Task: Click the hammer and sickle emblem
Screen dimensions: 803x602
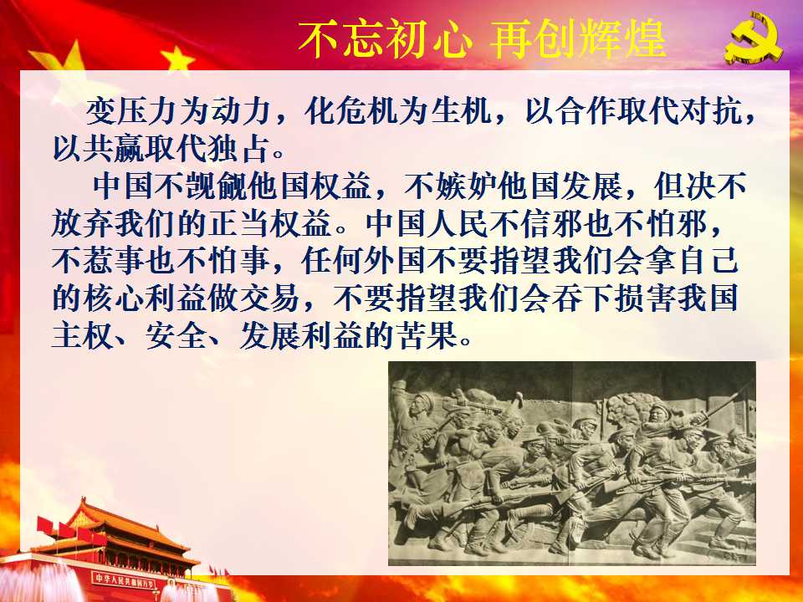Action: click(754, 43)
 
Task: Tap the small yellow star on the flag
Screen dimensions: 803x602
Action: click(177, 60)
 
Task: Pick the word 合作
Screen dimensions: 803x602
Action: click(586, 111)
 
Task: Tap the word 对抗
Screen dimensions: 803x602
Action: click(710, 111)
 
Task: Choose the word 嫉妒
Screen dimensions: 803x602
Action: click(467, 186)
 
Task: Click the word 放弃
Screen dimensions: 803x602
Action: click(83, 225)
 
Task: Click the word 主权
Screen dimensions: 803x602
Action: click(83, 336)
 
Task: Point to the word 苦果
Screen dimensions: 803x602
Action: click(428, 336)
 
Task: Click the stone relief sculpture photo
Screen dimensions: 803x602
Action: click(572, 463)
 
